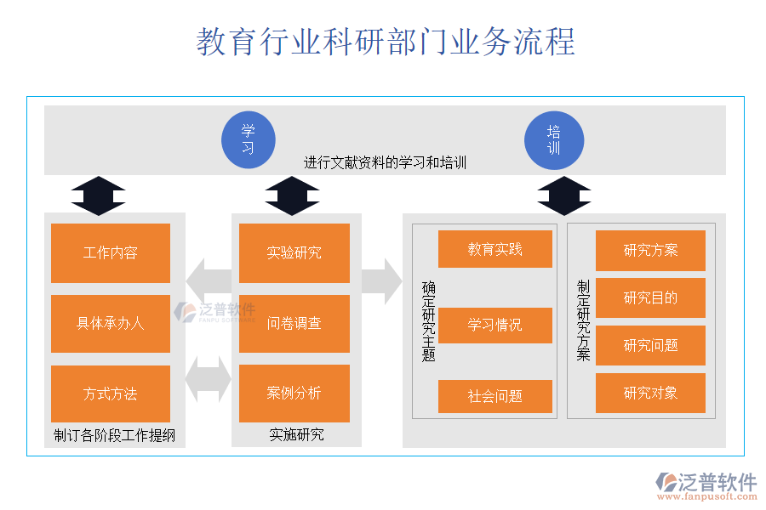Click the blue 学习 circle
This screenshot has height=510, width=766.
[248, 140]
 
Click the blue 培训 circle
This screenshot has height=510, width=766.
[554, 140]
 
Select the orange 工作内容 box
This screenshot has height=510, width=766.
[111, 252]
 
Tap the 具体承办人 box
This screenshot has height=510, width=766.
[111, 323]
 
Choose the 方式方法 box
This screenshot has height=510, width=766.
[111, 394]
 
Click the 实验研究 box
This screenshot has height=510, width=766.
[294, 252]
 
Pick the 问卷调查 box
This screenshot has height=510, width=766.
[294, 323]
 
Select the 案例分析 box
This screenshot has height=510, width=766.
[294, 394]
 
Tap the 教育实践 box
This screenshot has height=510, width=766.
[495, 249]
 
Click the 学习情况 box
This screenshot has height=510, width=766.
[495, 325]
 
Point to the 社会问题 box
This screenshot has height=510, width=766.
[495, 396]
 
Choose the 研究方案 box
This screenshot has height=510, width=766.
[650, 250]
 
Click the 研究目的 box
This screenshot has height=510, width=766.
[650, 297]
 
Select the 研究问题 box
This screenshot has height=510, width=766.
[650, 345]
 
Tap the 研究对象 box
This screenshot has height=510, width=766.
[650, 393]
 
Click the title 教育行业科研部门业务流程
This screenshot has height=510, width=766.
[386, 42]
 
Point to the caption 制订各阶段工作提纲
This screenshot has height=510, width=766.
[114, 436]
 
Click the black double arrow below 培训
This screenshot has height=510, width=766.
[563, 196]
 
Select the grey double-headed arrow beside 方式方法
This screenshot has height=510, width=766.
[208, 379]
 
